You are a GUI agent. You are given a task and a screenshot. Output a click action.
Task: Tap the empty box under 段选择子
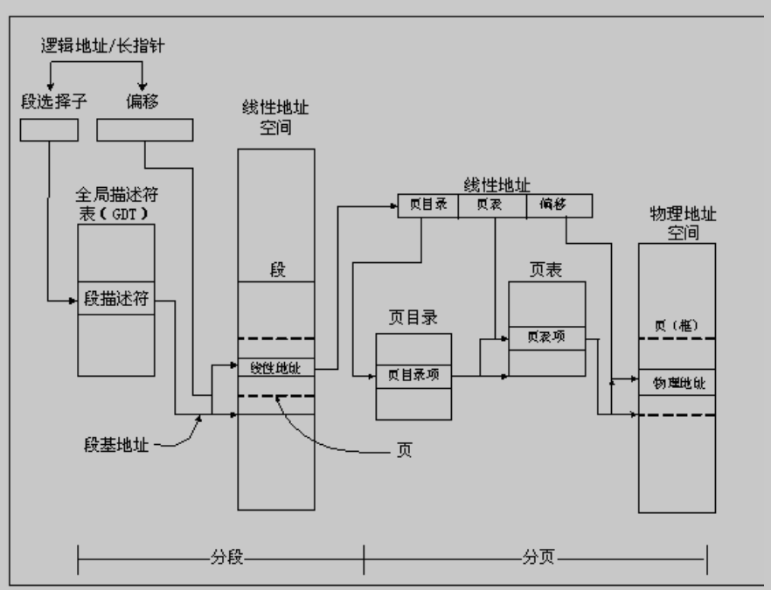click(x=49, y=129)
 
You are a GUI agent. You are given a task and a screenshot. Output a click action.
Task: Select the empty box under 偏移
click(x=145, y=129)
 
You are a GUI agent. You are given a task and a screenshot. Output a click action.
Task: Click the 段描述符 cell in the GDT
click(x=116, y=300)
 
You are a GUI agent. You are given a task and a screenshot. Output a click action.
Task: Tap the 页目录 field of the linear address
click(x=428, y=205)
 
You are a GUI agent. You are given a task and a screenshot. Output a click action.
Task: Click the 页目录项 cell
click(x=414, y=377)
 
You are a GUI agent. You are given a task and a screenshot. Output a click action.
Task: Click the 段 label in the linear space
click(x=274, y=273)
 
